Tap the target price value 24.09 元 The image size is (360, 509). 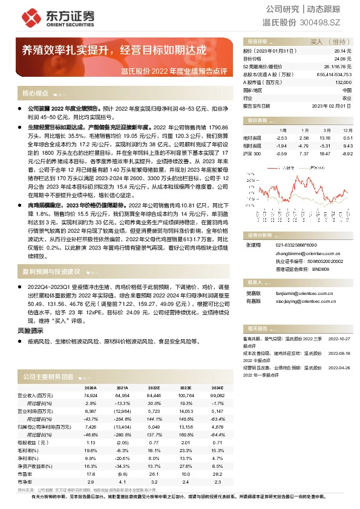coord(342,59)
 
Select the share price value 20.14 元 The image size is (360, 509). coord(342,51)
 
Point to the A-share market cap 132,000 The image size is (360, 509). coord(342,82)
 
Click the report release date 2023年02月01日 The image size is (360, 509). coord(333,105)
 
